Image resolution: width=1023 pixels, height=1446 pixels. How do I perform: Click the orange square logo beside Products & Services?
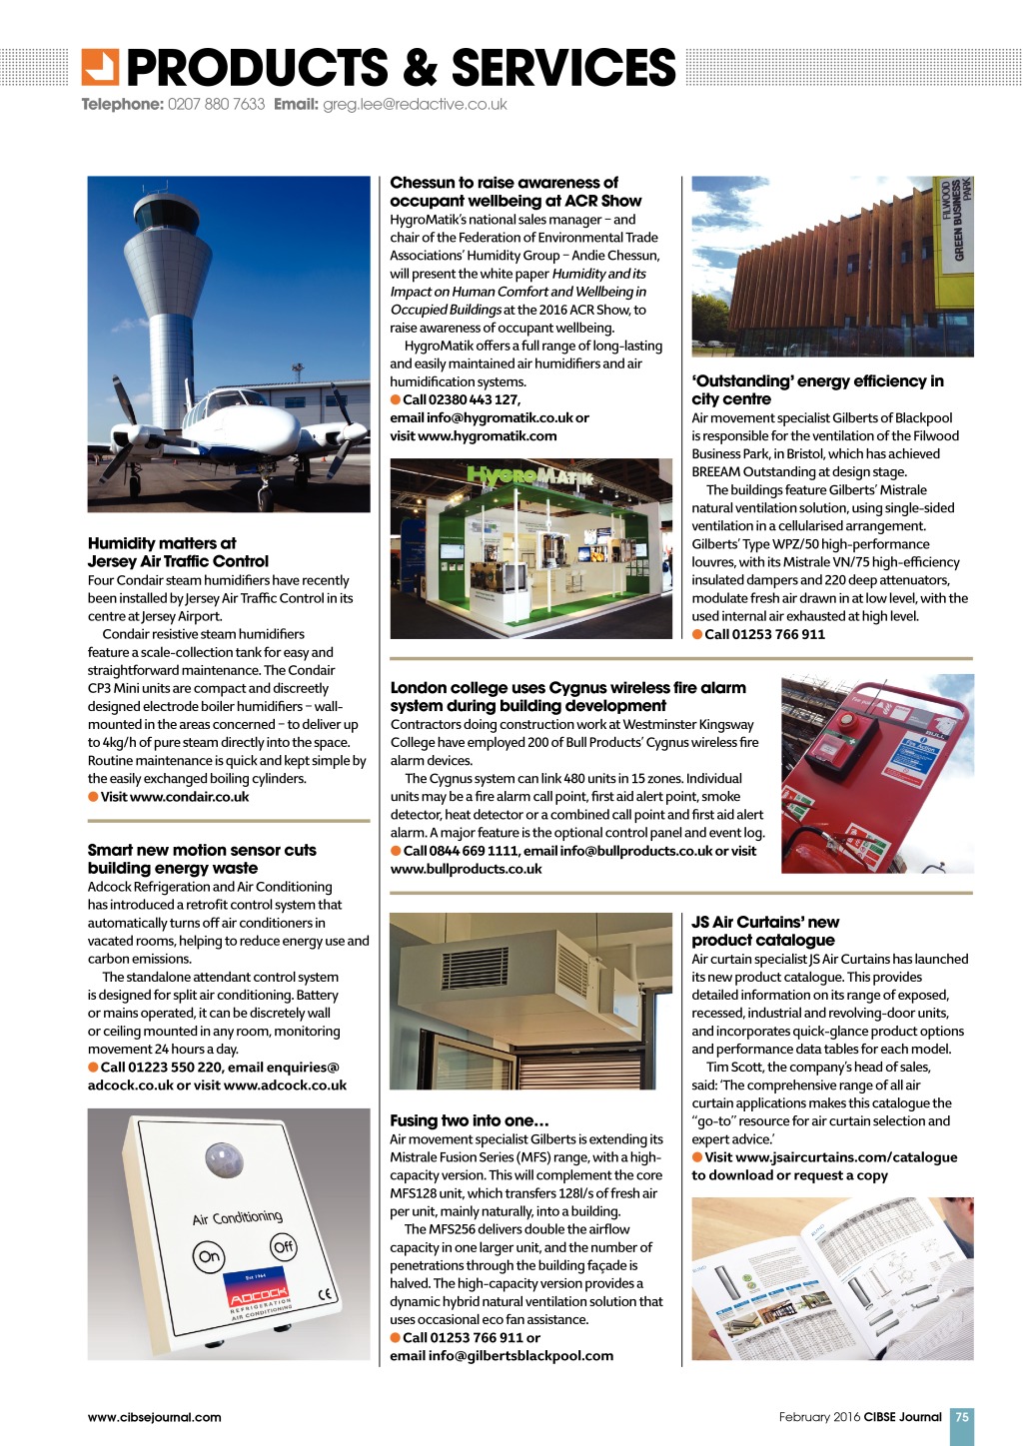pyautogui.click(x=100, y=66)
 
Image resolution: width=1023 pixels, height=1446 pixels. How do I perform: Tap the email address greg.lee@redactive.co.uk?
pyautogui.click(x=415, y=104)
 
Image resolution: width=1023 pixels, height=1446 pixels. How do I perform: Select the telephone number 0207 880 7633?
pyautogui.click(x=216, y=104)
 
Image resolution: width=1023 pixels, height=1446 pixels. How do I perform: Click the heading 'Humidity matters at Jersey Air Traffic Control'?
pyautogui.click(x=178, y=552)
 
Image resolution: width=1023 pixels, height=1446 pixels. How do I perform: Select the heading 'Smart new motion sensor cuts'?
pyautogui.click(x=202, y=850)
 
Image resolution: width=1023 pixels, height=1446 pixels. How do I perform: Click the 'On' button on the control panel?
pyautogui.click(x=210, y=1256)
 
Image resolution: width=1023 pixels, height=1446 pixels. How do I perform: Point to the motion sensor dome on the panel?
pyautogui.click(x=224, y=1160)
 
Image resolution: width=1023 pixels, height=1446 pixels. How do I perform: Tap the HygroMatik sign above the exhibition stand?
pyautogui.click(x=529, y=475)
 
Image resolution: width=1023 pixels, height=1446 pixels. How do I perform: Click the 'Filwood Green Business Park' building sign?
pyautogui.click(x=955, y=219)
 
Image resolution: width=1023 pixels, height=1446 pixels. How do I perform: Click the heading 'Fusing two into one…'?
pyautogui.click(x=470, y=1120)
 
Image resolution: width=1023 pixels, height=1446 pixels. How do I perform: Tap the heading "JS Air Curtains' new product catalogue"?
pyautogui.click(x=765, y=931)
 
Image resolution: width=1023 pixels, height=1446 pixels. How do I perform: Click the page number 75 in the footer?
pyautogui.click(x=961, y=1416)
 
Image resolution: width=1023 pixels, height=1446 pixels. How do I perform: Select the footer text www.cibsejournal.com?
pyautogui.click(x=155, y=1416)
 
